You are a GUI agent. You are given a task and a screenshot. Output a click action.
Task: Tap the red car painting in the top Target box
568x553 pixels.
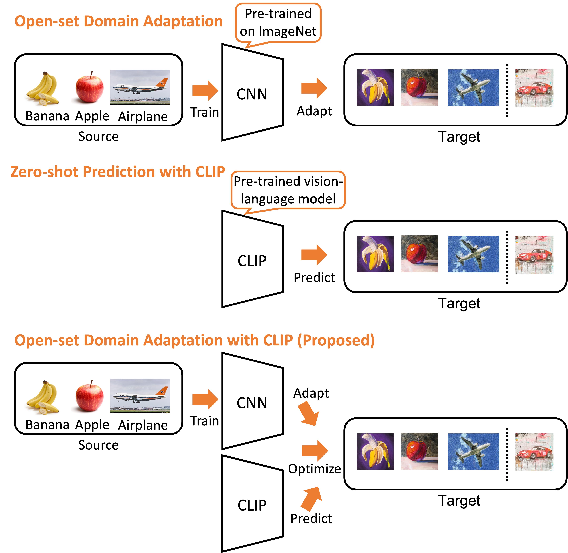point(534,88)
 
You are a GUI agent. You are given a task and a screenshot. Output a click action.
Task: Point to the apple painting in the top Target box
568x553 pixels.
point(419,87)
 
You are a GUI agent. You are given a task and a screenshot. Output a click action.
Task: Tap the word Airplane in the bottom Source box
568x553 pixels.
point(143,425)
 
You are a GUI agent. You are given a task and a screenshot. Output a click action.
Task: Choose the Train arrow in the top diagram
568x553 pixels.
point(205,91)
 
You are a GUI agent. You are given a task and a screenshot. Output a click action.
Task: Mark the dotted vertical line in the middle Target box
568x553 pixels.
point(507,257)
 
